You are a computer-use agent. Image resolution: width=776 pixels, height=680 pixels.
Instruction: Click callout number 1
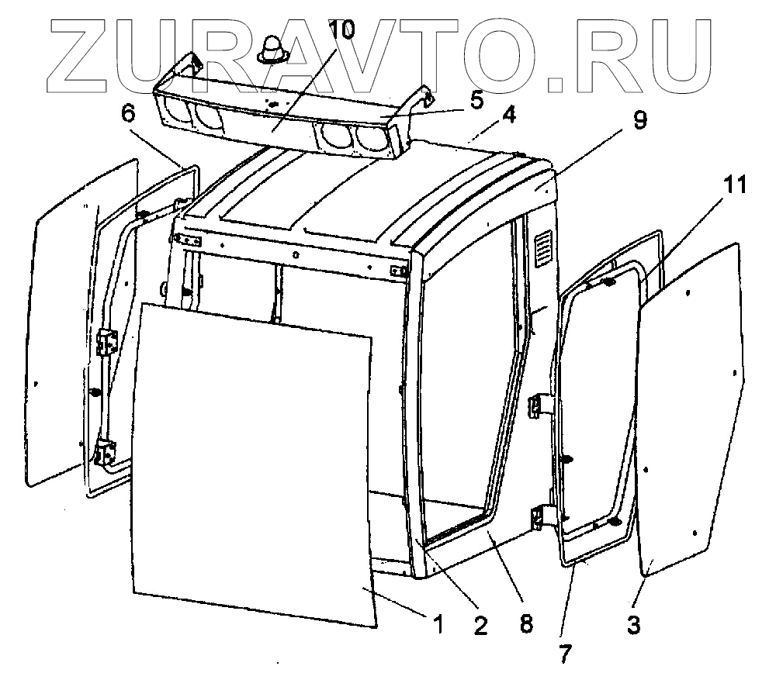438,622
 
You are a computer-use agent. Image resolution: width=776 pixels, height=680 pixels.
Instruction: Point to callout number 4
508,115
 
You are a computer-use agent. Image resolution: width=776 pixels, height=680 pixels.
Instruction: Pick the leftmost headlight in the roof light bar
178,113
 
